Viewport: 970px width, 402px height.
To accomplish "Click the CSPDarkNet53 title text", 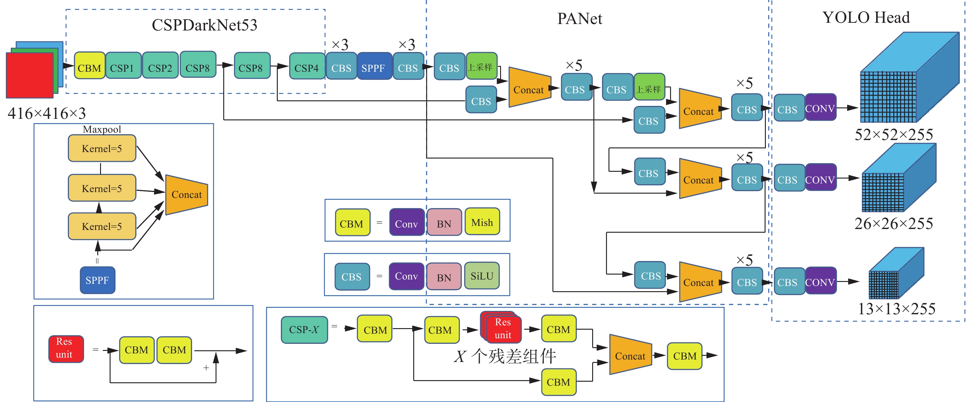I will [x=204, y=25].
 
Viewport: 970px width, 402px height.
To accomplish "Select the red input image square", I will [x=29, y=75].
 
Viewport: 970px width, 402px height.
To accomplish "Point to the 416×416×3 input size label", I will [x=47, y=113].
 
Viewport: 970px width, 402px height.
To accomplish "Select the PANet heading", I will [x=580, y=18].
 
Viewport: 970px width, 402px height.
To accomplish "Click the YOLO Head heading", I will [x=866, y=17].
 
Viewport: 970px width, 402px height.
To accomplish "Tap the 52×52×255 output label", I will [x=894, y=135].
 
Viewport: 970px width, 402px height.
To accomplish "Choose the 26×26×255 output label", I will [x=894, y=223].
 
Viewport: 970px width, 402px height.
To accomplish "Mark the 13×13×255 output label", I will [x=896, y=309].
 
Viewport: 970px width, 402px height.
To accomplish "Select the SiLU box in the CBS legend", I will [x=482, y=276].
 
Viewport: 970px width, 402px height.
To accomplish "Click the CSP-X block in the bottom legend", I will [x=304, y=330].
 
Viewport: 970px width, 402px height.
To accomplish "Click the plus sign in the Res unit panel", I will [x=206, y=368].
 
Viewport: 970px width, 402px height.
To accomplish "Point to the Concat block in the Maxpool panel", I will [x=186, y=195].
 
